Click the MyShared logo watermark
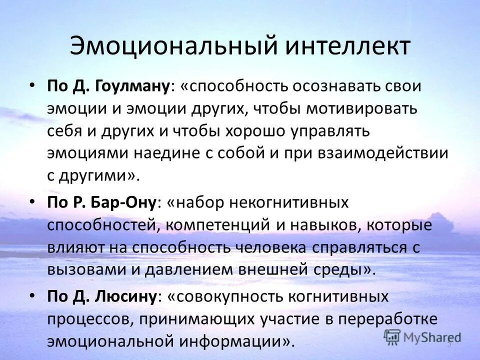[422, 336]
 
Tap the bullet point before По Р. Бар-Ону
[32, 202]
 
